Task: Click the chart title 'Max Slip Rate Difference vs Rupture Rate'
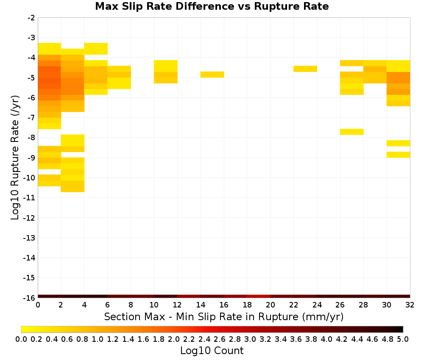[x=212, y=6]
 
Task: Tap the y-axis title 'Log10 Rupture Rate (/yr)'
[x=15, y=158]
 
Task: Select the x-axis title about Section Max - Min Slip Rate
[x=224, y=316]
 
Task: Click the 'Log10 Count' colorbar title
[x=212, y=351]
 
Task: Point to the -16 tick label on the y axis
[x=29, y=298]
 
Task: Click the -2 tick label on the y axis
[x=31, y=18]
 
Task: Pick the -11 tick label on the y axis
[x=29, y=198]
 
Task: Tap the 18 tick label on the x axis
[x=247, y=305]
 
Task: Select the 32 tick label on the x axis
[x=410, y=305]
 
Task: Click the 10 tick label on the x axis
[x=154, y=305]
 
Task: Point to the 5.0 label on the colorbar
[x=403, y=339]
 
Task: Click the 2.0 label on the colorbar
[x=173, y=339]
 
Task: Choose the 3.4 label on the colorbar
[x=280, y=339]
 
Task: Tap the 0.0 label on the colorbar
[x=21, y=339]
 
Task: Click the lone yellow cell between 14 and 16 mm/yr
[x=212, y=75]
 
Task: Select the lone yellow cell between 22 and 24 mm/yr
[x=305, y=69]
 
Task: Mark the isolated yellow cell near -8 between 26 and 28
[x=352, y=132]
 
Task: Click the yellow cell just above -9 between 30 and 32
[x=398, y=155]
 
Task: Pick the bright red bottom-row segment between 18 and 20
[x=259, y=296]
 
